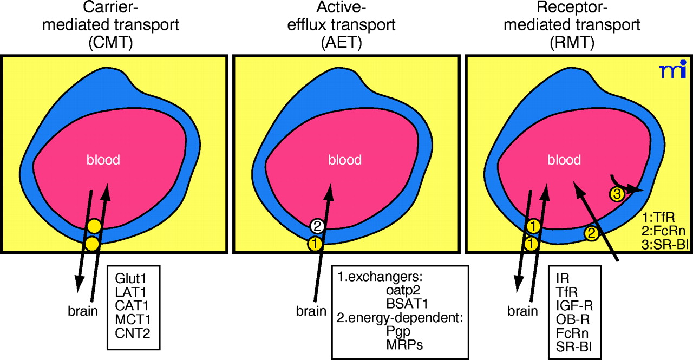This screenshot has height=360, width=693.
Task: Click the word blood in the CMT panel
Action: point(103,160)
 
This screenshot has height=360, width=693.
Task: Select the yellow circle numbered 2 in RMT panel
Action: point(592,234)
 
